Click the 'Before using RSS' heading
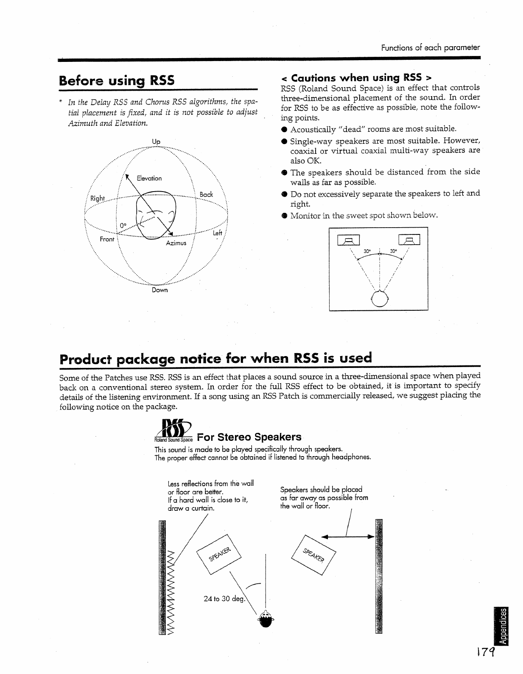pyautogui.click(x=117, y=80)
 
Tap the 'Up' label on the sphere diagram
pyautogui.click(x=156, y=142)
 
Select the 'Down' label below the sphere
pyautogui.click(x=160, y=290)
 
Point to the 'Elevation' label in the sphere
pyautogui.click(x=149, y=178)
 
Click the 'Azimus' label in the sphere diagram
pyautogui.click(x=176, y=243)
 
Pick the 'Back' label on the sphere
pyautogui.click(x=206, y=195)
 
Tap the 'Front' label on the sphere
pyautogui.click(x=107, y=239)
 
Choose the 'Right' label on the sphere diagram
pyautogui.click(x=98, y=198)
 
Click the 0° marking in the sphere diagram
pyautogui.click(x=123, y=226)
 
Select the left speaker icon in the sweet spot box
pyautogui.click(x=348, y=240)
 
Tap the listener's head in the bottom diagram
pyautogui.click(x=266, y=620)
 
